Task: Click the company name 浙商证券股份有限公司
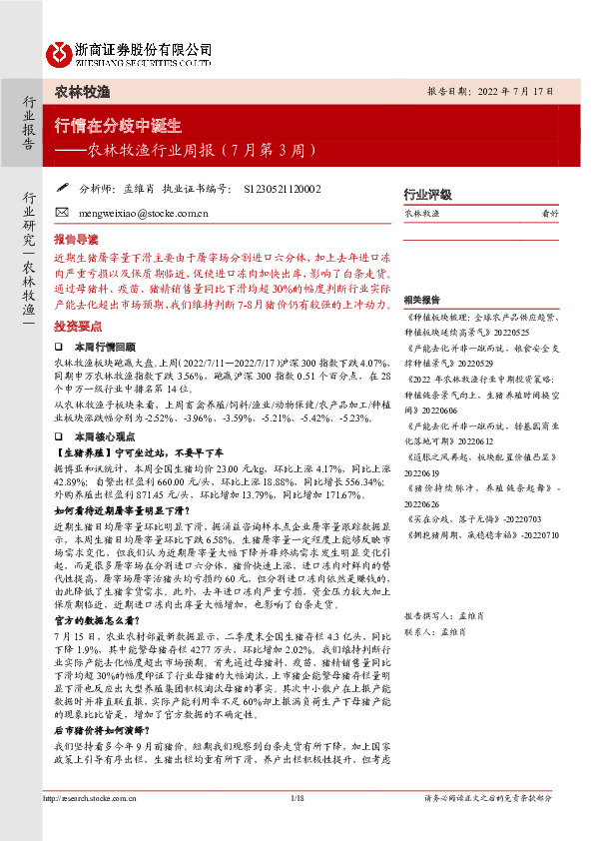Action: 143,48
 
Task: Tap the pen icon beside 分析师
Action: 62,186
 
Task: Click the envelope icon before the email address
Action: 62,212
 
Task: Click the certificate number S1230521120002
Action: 282,187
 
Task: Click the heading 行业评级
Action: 427,194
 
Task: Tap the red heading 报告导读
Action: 76,240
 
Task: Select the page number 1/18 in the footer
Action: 297,798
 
